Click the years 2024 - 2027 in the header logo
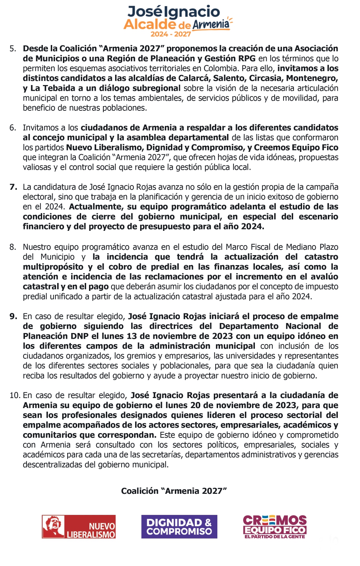tap(171, 34)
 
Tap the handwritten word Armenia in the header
tap(211, 24)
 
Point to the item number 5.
tap(13, 49)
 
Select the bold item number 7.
tap(13, 187)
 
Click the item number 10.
tap(15, 395)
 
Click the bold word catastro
tap(321, 257)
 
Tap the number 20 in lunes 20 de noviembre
tap(195, 405)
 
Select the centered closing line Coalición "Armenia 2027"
tap(174, 491)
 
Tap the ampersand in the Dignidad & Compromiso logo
tap(208, 522)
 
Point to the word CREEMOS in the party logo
tap(275, 520)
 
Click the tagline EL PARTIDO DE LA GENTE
tap(275, 537)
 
